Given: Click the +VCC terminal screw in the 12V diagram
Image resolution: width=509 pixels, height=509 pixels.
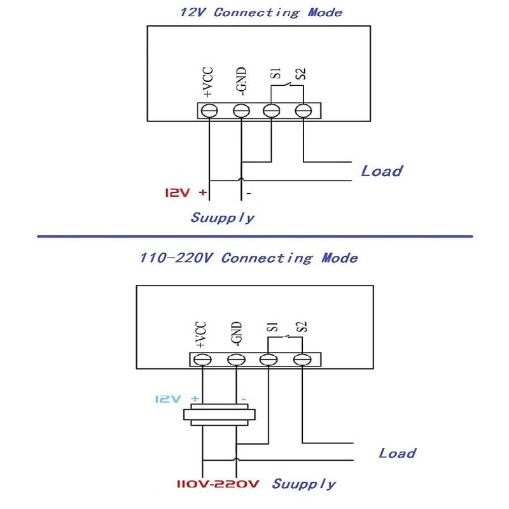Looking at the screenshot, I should click(209, 111).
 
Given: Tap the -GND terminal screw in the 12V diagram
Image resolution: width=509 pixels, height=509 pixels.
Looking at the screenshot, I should click(241, 111).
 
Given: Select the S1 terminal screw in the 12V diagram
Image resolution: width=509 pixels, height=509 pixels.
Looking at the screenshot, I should click(272, 111).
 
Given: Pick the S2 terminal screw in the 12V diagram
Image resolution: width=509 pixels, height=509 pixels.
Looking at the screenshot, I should click(303, 111).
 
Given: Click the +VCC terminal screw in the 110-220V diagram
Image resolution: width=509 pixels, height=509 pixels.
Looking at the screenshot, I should click(202, 359).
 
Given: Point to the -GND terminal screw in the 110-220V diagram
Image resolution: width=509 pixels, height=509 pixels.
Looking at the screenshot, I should click(235, 359).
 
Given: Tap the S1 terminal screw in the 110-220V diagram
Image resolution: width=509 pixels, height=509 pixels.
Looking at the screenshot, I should click(268, 359).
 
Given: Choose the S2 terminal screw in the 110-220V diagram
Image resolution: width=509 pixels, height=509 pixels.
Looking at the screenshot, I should click(301, 359).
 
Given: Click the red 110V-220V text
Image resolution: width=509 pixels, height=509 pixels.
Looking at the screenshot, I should click(218, 484).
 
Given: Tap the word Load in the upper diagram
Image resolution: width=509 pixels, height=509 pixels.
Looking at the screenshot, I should click(382, 171).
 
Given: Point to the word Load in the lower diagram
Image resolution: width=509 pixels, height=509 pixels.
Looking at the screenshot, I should click(397, 453).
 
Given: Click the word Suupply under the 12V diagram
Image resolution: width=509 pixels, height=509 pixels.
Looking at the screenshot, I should click(223, 218).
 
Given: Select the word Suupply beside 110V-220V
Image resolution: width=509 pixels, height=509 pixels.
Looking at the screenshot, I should click(303, 484).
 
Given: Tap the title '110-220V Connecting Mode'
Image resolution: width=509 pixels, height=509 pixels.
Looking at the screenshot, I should click(248, 258).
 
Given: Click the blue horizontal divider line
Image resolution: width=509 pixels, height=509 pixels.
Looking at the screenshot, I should click(254, 237).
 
